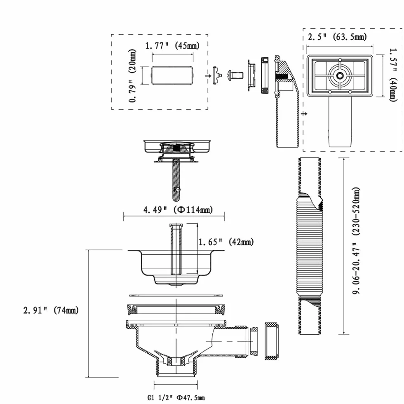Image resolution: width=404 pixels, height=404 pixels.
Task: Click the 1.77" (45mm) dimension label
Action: [172, 46]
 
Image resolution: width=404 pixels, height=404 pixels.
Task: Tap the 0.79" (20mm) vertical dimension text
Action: [132, 75]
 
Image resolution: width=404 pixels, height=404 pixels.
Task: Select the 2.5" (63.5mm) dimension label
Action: [337, 37]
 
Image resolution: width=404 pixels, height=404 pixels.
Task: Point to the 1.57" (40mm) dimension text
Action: [393, 75]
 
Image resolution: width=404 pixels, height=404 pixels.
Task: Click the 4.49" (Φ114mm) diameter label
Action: [178, 210]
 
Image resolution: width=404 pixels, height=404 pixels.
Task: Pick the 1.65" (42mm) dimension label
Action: [226, 242]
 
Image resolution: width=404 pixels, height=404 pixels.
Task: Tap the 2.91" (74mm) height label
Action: [51, 310]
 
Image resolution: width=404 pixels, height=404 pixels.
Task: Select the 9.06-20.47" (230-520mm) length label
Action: [356, 241]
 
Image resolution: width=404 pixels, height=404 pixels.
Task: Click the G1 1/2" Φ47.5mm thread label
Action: [176, 397]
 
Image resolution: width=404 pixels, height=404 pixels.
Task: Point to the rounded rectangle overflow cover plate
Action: [172, 75]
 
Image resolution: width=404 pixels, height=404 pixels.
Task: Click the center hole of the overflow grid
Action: [340, 75]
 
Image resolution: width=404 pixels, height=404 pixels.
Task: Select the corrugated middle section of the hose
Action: [310, 249]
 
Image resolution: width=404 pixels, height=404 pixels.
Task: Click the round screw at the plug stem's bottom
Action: [177, 190]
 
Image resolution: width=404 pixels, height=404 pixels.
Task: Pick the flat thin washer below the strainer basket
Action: [176, 296]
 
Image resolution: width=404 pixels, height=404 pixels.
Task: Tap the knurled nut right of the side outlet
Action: [271, 341]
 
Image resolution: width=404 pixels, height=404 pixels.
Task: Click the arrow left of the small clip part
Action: [208, 76]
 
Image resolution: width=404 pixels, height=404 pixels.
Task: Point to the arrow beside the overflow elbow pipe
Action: [304, 114]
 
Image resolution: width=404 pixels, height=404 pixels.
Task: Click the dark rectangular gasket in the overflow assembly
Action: [265, 75]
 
